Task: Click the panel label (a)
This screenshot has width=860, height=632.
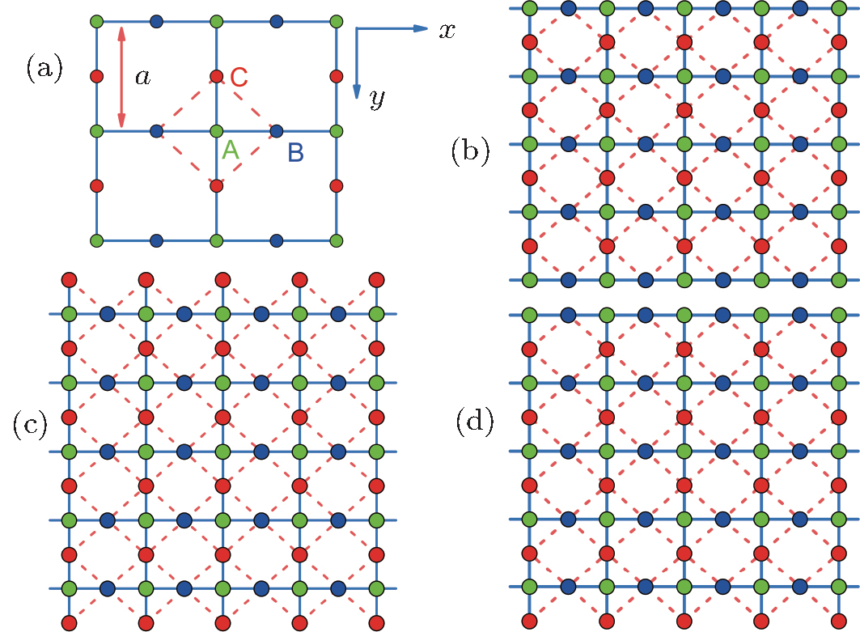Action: click(x=43, y=69)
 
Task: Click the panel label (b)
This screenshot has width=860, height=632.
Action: click(x=470, y=151)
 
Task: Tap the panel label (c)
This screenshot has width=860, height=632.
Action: click(x=30, y=424)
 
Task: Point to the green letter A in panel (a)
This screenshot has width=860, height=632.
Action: click(x=231, y=150)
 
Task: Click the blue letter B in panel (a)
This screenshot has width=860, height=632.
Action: click(x=295, y=151)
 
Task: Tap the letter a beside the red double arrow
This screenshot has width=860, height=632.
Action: click(x=142, y=77)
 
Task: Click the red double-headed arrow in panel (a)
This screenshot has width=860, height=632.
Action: click(x=121, y=77)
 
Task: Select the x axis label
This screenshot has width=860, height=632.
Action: click(x=446, y=31)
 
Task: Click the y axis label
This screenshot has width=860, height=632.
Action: click(x=375, y=99)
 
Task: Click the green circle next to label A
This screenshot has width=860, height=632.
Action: click(x=216, y=130)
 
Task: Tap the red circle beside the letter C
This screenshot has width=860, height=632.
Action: click(x=216, y=76)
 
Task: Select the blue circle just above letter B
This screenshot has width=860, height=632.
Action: click(x=276, y=130)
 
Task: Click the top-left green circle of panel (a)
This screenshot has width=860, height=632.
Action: click(x=96, y=20)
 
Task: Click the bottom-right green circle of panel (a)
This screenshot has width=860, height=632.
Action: click(x=337, y=240)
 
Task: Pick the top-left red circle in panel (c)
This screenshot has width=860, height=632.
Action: click(x=69, y=279)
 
